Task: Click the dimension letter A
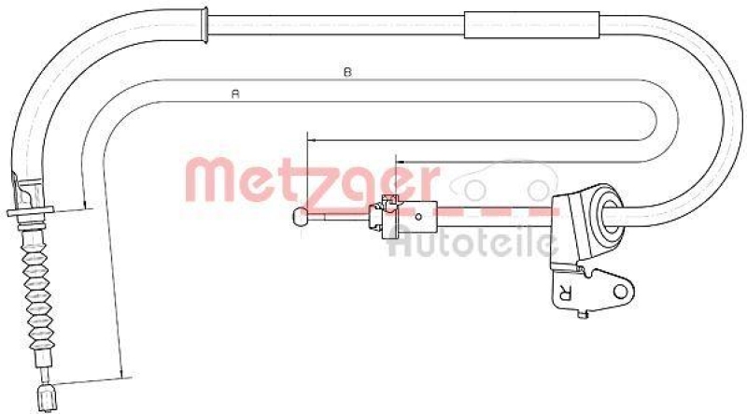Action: (x=236, y=93)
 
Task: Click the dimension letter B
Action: (x=347, y=72)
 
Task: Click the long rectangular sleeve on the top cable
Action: (x=531, y=24)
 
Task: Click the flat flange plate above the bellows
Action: (x=30, y=215)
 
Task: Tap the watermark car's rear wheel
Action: (x=539, y=191)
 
